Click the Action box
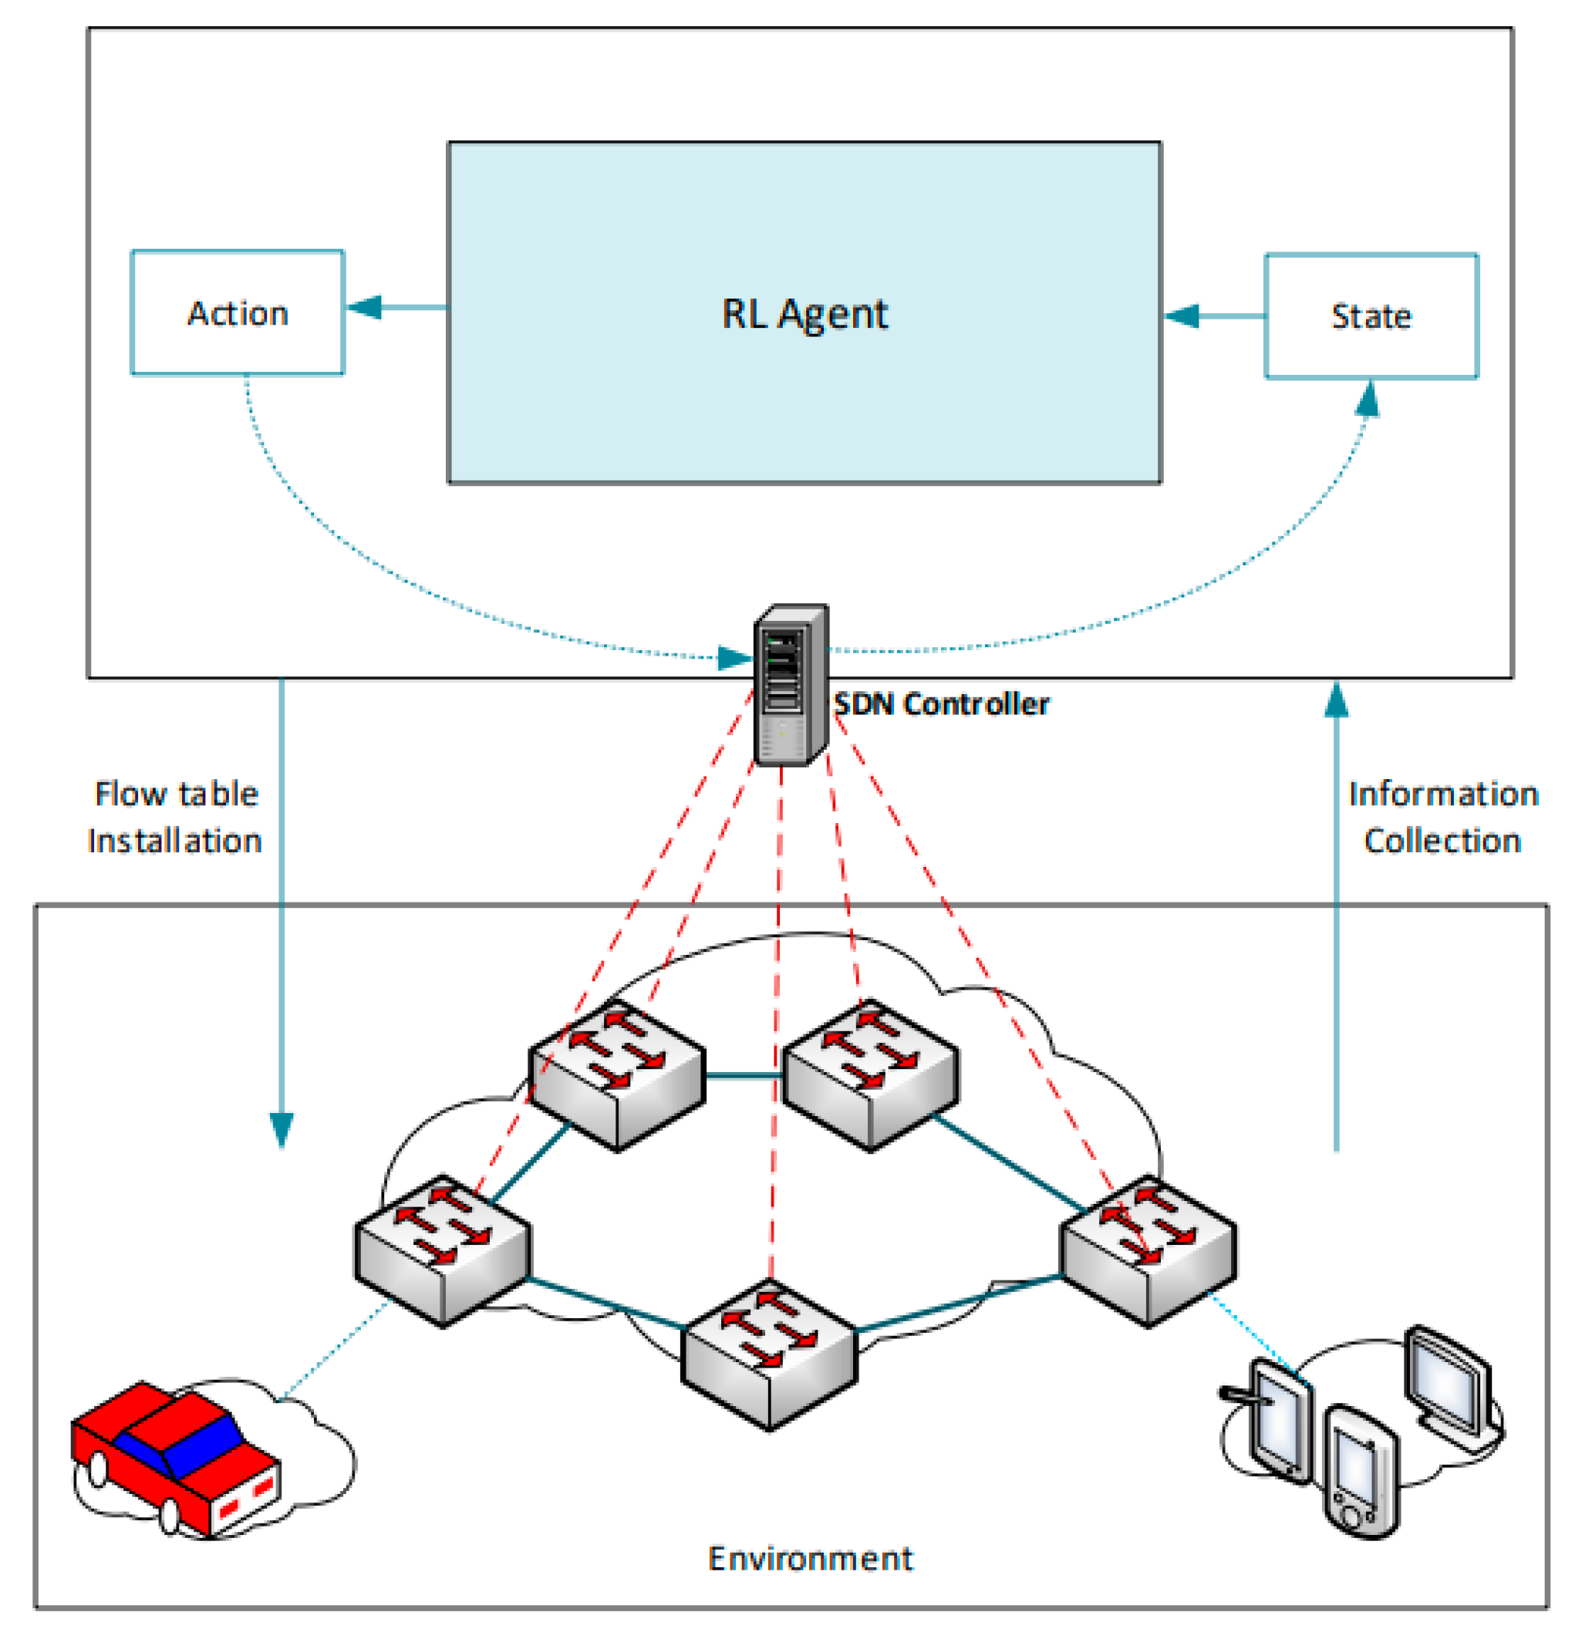pos(237,312)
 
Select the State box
pos(1371,315)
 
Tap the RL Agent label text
pos(804,314)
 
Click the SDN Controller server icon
pos(790,685)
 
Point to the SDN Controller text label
pos(941,704)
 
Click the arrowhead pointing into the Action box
pos(364,308)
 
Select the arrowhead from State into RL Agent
pos(1182,315)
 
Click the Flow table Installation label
pos(175,817)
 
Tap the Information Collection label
pos(1442,817)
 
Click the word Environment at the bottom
pos(810,1558)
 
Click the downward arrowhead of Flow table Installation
pos(282,1128)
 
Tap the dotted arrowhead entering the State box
pos(1367,400)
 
